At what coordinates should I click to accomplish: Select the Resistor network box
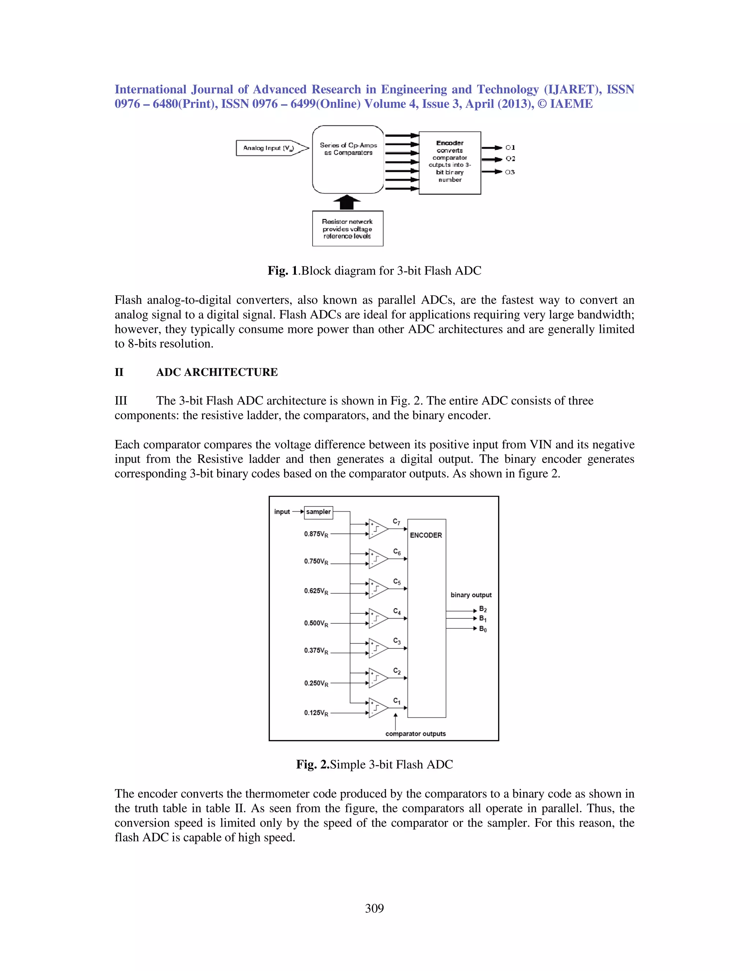click(348, 229)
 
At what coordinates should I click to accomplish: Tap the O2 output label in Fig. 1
click(510, 159)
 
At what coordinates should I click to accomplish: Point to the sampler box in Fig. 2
click(319, 512)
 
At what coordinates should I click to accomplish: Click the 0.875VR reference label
click(316, 534)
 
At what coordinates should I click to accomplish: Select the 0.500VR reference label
click(316, 623)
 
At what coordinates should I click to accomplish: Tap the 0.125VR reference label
click(316, 713)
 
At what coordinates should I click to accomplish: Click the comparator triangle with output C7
click(378, 529)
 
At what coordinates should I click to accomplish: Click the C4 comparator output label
click(397, 612)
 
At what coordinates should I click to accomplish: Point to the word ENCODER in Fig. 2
click(426, 535)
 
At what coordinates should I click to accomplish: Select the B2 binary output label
click(483, 610)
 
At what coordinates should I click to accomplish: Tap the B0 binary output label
click(483, 629)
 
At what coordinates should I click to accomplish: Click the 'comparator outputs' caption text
click(415, 734)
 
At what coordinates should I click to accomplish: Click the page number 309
click(374, 909)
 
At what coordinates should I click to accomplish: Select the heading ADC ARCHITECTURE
click(217, 372)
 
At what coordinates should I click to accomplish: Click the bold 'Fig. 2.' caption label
click(312, 765)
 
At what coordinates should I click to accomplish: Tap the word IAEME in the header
click(571, 104)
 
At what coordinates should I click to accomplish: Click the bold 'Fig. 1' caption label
click(283, 271)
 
